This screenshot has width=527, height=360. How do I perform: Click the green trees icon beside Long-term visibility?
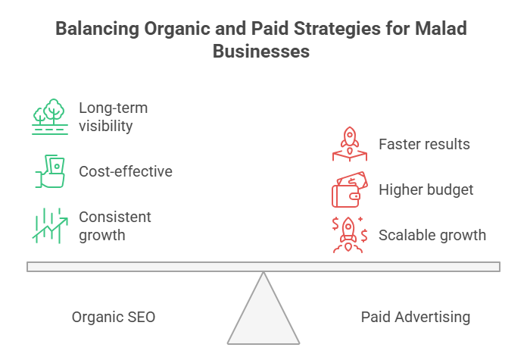pyautogui.click(x=49, y=116)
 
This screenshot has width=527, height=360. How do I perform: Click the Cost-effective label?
pyautogui.click(x=126, y=171)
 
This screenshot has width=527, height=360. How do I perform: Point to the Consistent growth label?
pyautogui.click(x=115, y=226)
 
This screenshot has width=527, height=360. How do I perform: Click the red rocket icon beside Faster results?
pyautogui.click(x=349, y=144)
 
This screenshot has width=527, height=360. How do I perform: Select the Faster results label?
pyautogui.click(x=425, y=144)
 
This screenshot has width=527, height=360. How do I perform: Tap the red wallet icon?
pyautogui.click(x=349, y=190)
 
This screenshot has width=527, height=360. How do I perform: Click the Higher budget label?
pyautogui.click(x=426, y=190)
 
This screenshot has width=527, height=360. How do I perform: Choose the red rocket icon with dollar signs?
pyautogui.click(x=349, y=235)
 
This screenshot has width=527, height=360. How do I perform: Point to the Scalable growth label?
pyautogui.click(x=432, y=235)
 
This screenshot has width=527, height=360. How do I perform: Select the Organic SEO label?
pyautogui.click(x=114, y=317)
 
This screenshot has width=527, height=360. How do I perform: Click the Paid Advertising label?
pyautogui.click(x=415, y=317)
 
